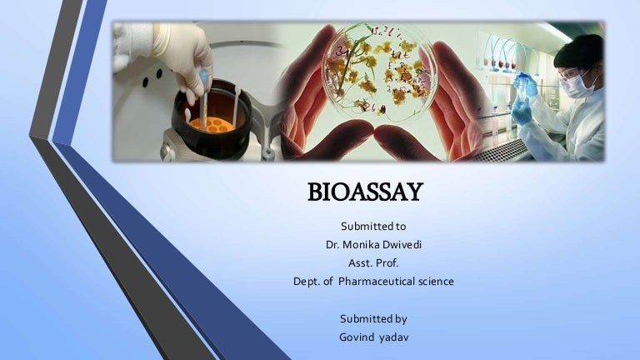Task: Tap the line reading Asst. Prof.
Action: point(373,263)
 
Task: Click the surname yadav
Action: point(394,336)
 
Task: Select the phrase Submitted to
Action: point(373,227)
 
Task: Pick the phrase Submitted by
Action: point(373,318)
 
